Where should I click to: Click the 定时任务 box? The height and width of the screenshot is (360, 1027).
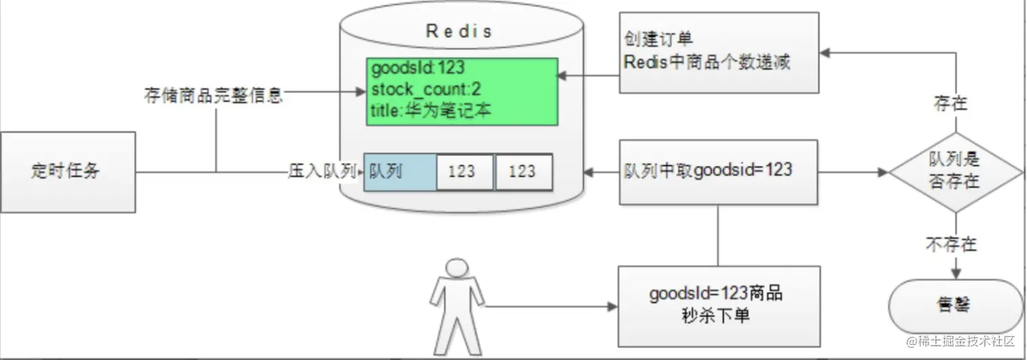coord(67,172)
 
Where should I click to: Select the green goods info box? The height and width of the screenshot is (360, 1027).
coord(461,91)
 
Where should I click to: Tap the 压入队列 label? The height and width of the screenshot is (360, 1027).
coord(322,171)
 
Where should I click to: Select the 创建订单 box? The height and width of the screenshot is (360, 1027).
coord(719,52)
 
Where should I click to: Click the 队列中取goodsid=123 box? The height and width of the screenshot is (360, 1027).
coord(719,171)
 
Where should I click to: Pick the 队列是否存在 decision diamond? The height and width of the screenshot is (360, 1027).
coord(955,171)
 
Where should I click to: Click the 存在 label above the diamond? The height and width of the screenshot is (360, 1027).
coord(951,103)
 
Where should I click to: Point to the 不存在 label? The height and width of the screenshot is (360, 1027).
coord(951,244)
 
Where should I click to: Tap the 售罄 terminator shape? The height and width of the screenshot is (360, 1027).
coord(955,306)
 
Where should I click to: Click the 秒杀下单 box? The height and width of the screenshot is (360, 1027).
coord(719,306)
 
